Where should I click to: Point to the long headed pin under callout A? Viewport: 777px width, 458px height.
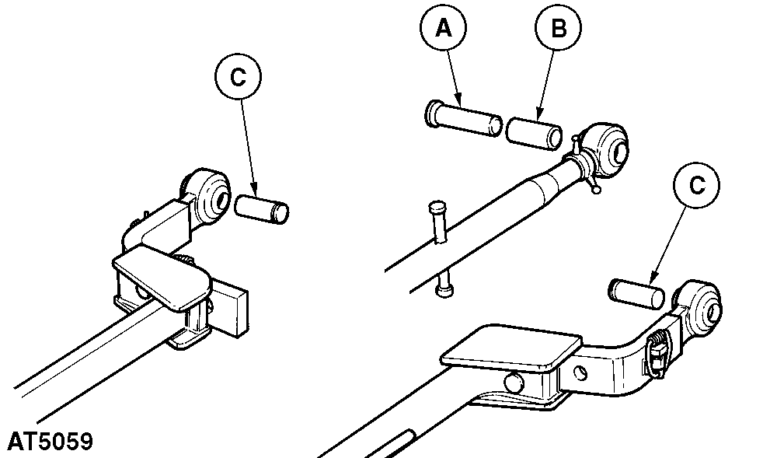click(463, 121)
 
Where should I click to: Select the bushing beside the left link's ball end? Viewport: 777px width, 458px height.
click(261, 209)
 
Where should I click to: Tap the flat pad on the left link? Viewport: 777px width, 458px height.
click(162, 278)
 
